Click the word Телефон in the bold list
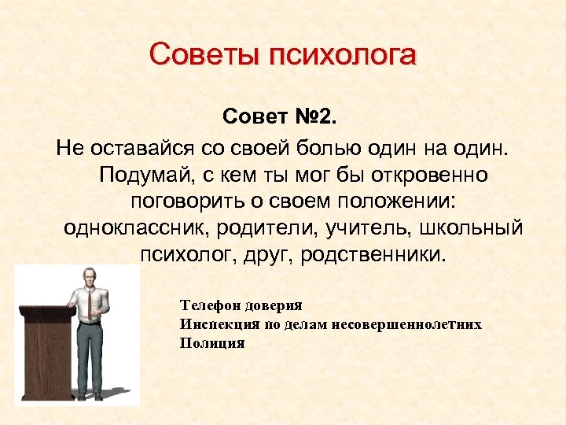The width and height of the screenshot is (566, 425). pos(205,305)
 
